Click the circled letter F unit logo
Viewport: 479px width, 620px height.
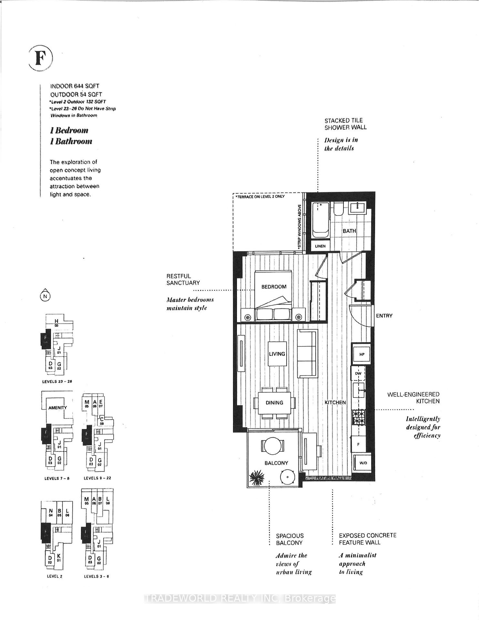click(40, 58)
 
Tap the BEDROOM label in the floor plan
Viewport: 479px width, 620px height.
click(274, 287)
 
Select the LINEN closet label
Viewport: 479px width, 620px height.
click(320, 246)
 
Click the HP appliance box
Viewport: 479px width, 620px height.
click(362, 354)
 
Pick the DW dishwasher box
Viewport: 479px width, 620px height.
click(358, 374)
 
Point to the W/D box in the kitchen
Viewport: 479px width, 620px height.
click(363, 463)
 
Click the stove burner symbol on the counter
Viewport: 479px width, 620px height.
click(359, 417)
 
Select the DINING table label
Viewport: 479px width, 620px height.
click(274, 403)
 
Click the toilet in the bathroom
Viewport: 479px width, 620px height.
click(339, 210)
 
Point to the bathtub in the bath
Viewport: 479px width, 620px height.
click(320, 220)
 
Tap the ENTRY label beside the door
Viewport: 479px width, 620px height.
click(384, 316)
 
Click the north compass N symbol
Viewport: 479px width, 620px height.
click(45, 295)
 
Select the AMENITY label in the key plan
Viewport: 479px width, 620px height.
click(57, 408)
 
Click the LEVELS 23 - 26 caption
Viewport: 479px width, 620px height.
click(57, 382)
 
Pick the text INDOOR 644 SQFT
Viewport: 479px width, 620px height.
click(75, 86)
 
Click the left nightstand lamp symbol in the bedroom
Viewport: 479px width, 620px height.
click(248, 317)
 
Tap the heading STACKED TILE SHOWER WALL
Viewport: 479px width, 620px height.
click(345, 124)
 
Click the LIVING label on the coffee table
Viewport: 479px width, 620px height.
click(277, 354)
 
